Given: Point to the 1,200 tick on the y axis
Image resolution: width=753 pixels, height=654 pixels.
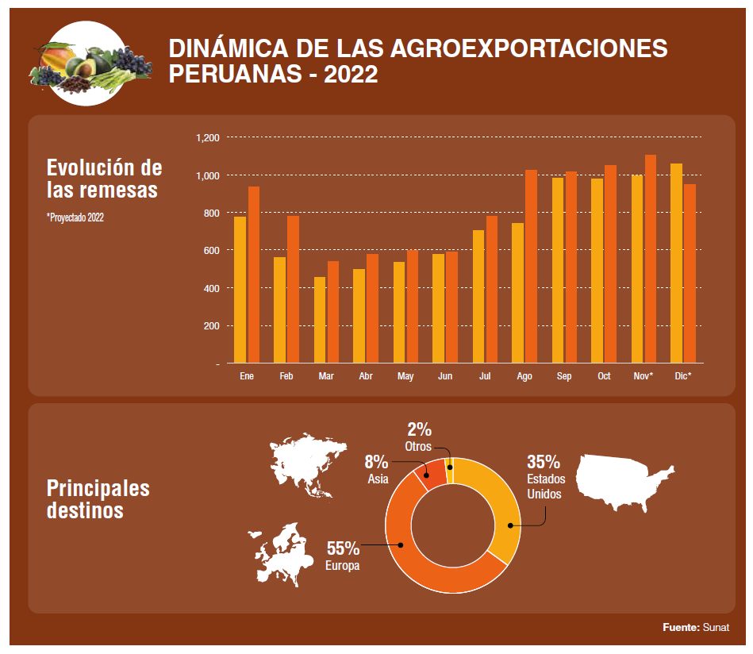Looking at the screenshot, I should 208,138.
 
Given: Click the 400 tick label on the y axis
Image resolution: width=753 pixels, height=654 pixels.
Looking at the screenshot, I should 209,288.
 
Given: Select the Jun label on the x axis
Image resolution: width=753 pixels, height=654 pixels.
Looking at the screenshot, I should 445,376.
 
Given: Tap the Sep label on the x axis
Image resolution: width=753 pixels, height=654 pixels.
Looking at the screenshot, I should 564,376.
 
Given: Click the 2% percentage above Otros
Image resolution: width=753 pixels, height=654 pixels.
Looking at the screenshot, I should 419,429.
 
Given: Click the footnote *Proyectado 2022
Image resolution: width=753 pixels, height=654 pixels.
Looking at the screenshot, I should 75,217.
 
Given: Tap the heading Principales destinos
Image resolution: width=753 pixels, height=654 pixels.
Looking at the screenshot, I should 98,498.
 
